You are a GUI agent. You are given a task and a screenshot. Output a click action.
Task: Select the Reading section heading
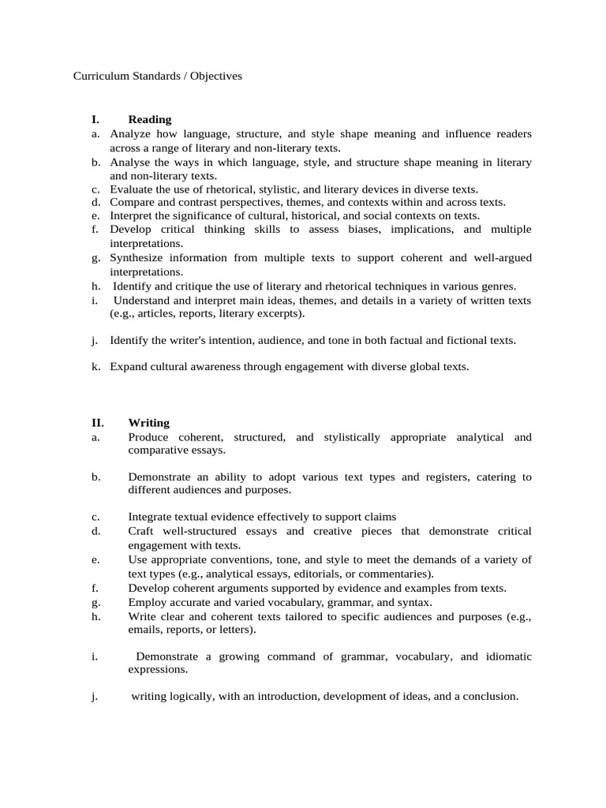click(149, 119)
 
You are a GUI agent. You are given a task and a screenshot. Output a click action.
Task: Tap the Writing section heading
click(148, 423)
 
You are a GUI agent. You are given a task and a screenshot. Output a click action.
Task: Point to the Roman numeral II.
click(95, 423)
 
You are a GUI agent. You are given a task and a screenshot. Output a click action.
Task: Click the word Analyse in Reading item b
click(131, 162)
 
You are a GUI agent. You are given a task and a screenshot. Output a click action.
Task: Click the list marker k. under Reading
click(95, 367)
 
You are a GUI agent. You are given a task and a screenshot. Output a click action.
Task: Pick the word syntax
click(413, 602)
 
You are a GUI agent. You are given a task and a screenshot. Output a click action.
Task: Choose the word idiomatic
click(507, 656)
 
